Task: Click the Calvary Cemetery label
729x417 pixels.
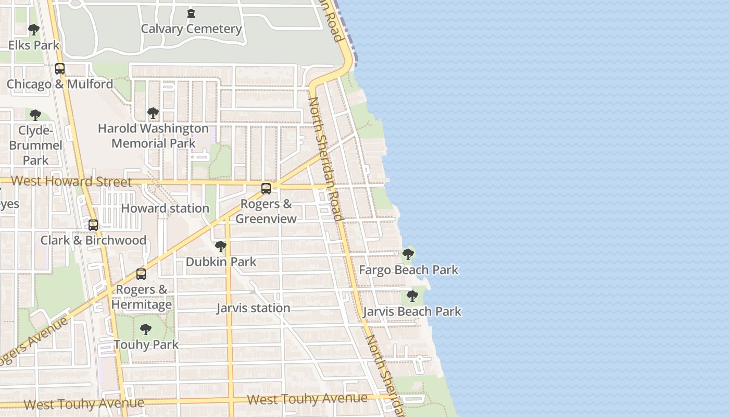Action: point(191,29)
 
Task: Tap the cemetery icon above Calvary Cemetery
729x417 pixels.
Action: point(191,13)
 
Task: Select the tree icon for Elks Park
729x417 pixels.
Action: point(34,30)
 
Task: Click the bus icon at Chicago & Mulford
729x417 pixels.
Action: point(60,69)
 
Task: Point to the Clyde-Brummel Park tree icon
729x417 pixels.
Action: point(35,115)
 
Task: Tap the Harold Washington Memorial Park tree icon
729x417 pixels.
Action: point(153,113)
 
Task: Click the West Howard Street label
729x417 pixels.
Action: point(71,181)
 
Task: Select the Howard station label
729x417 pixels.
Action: point(165,208)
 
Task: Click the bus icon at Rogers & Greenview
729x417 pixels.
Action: point(266,189)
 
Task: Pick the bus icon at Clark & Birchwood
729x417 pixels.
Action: point(93,225)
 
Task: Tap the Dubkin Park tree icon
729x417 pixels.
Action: point(221,246)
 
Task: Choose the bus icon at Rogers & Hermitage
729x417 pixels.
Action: point(141,274)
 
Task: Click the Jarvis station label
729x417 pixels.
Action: point(253,308)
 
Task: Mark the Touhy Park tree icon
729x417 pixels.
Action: point(146,329)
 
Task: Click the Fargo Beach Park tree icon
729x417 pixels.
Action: point(408,254)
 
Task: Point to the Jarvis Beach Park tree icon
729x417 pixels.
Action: point(412,296)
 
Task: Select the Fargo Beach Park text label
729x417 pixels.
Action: point(409,270)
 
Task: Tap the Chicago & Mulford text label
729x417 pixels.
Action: point(60,84)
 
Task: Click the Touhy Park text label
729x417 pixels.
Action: point(146,345)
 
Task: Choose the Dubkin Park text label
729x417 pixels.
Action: point(221,262)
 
